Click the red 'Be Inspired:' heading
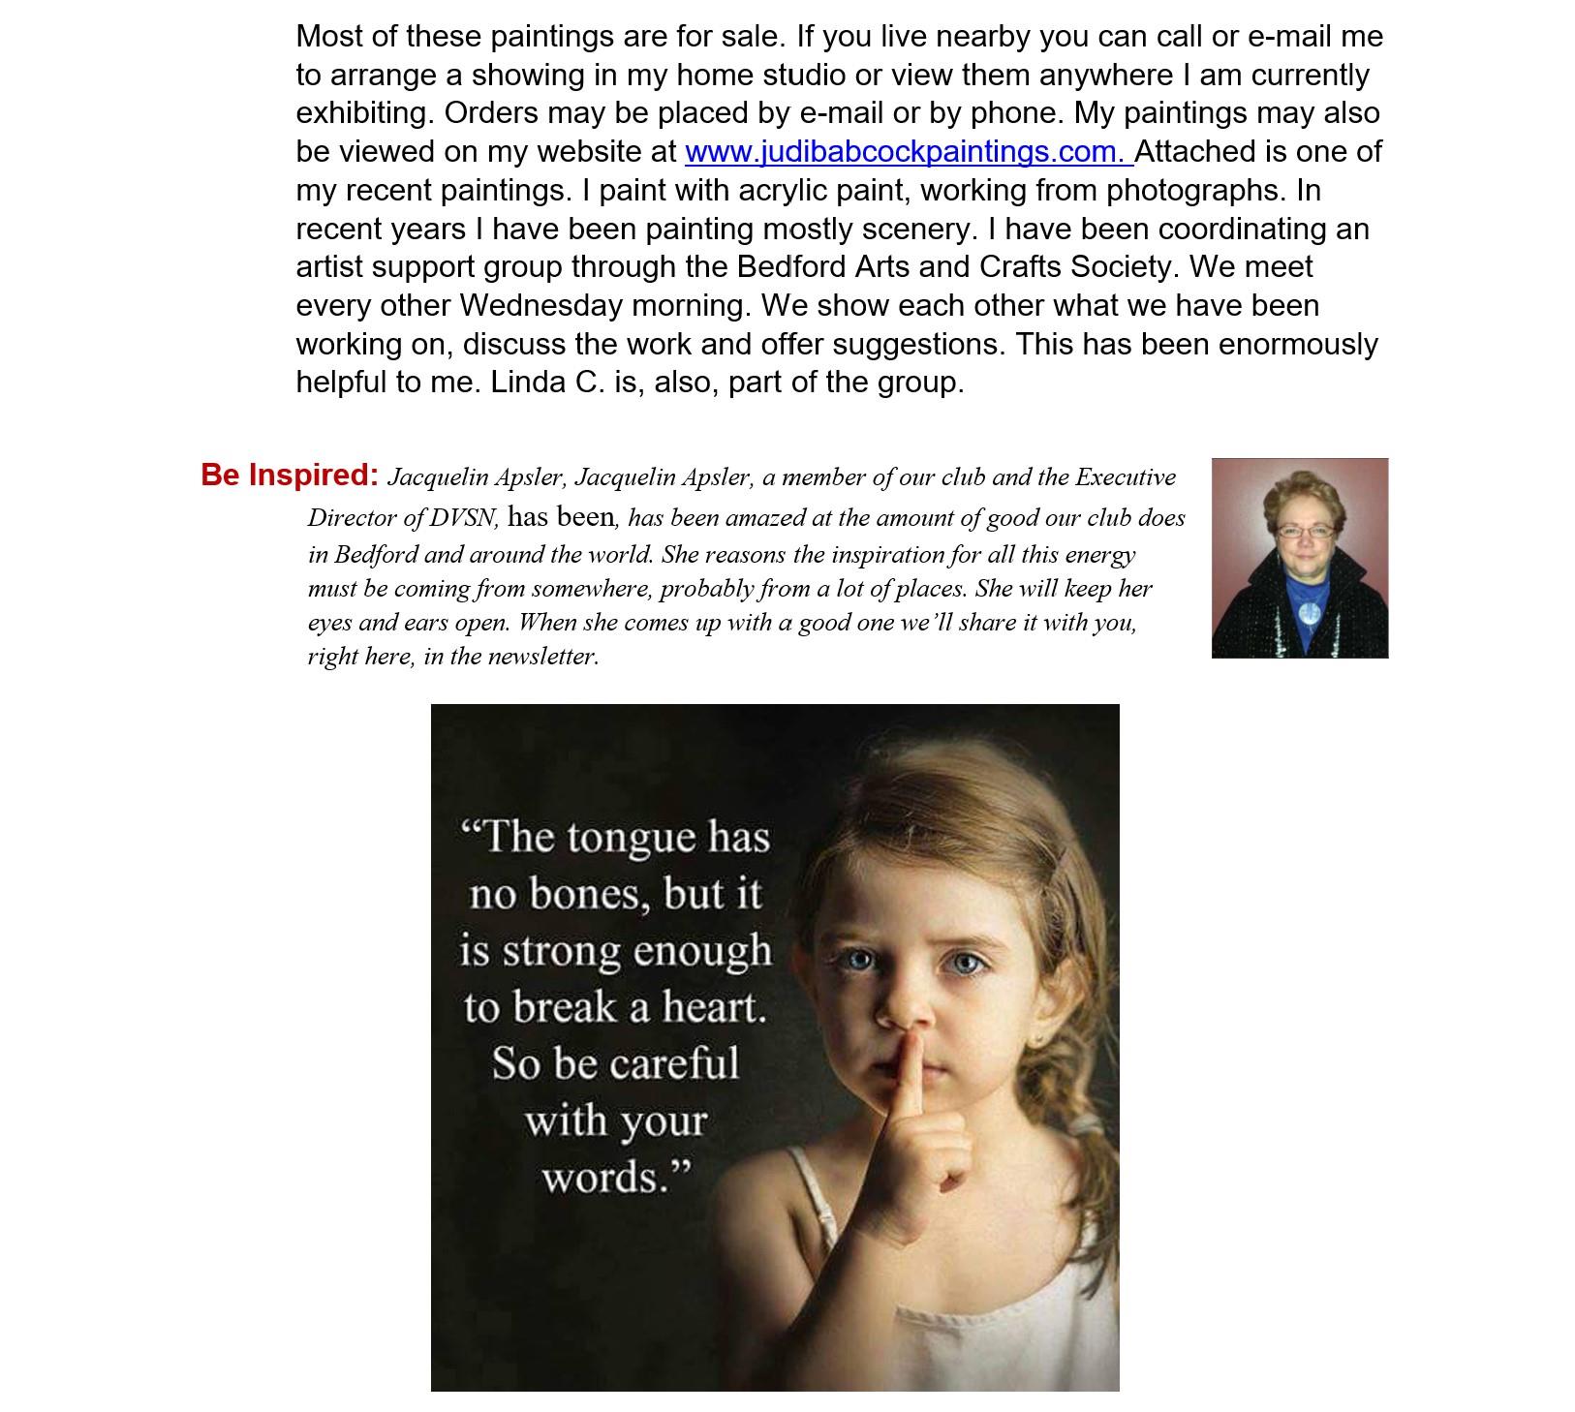[290, 475]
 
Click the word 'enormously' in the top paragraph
[1297, 345]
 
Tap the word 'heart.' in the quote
[714, 1007]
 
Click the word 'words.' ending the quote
[616, 1178]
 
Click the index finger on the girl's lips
[907, 1075]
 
